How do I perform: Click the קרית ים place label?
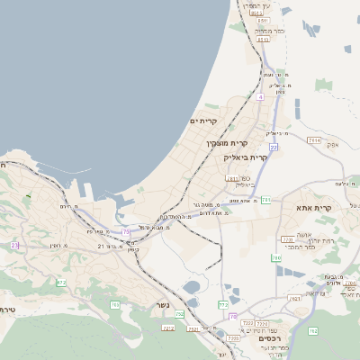point(203,121)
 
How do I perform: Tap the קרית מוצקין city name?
point(213,143)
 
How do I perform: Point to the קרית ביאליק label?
point(246,157)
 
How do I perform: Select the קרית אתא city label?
point(314,208)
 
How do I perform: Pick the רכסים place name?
point(269,337)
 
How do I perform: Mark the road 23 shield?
point(14,245)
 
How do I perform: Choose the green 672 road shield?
point(61,283)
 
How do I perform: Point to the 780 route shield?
point(277,258)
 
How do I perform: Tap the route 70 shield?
point(233,318)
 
